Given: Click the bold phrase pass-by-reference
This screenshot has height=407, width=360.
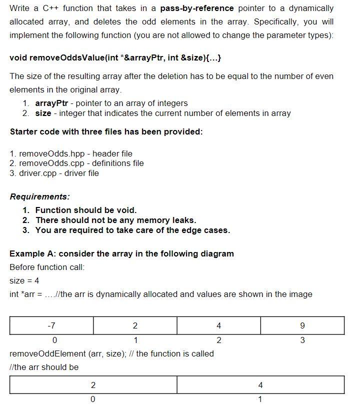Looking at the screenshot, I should (x=197, y=8).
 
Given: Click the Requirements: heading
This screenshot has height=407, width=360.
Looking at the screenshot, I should (x=40, y=196).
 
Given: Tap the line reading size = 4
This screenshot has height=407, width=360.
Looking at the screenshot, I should (x=24, y=280).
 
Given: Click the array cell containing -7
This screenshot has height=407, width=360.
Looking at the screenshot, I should (x=51, y=325).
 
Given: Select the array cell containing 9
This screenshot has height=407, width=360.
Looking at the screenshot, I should (x=302, y=325).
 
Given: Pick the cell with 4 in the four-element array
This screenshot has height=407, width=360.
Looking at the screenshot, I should (x=218, y=325).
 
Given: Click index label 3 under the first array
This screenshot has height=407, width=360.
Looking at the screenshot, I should (x=302, y=340).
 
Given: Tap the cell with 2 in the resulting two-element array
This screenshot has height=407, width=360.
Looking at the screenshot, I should (x=93, y=385).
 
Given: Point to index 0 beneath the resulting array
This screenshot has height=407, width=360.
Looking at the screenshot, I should (x=93, y=399).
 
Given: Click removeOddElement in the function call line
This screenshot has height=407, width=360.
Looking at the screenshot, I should (x=40, y=353).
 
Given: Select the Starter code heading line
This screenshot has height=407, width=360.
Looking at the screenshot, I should (x=106, y=131).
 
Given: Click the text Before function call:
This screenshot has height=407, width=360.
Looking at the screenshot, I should (x=47, y=267).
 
